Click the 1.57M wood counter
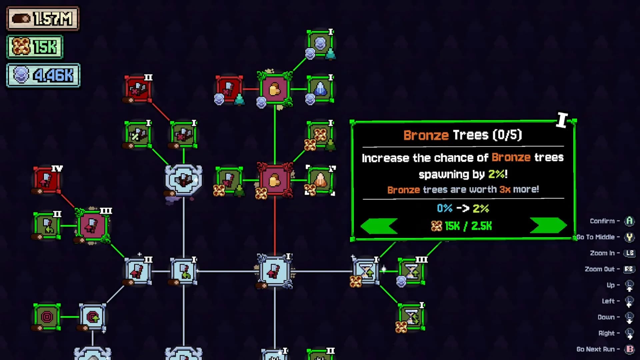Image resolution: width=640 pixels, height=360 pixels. click(43, 19)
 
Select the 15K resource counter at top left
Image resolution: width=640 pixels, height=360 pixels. click(35, 47)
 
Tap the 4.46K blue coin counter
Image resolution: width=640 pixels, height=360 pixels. click(43, 75)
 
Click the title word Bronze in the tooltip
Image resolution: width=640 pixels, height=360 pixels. click(426, 135)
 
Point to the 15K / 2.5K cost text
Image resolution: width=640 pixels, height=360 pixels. click(461, 226)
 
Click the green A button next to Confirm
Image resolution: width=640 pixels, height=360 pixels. click(629, 221)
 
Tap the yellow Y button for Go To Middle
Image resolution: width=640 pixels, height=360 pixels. click(629, 237)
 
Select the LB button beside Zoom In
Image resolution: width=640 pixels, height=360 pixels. click(629, 253)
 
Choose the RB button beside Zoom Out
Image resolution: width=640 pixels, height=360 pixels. click(629, 269)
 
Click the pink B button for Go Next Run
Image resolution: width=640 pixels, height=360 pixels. click(630, 349)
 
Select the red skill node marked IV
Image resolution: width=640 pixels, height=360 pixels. click(47, 180)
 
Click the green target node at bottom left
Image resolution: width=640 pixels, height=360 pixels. click(47, 317)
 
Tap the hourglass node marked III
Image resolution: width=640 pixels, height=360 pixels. click(412, 271)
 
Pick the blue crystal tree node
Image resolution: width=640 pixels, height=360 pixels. click(320, 89)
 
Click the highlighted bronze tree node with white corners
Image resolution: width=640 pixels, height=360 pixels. click(320, 180)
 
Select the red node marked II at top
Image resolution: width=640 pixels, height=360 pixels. click(138, 89)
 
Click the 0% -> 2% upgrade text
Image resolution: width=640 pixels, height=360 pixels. click(463, 209)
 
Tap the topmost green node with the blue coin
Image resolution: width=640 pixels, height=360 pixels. click(320, 44)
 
